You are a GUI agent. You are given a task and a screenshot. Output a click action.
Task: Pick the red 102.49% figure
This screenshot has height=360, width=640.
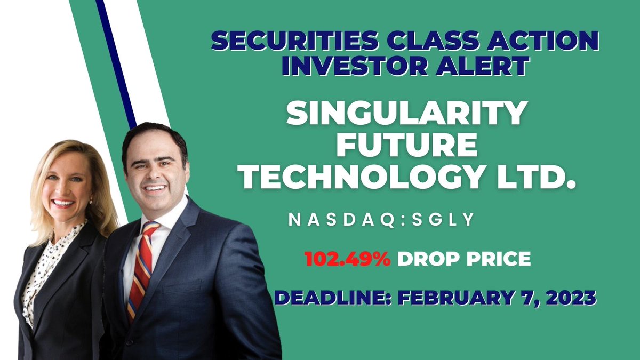347,259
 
